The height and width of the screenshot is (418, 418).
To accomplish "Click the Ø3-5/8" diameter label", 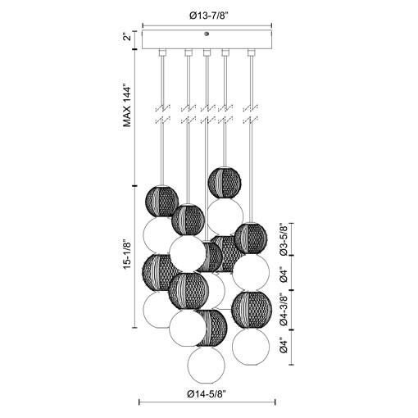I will [283, 240].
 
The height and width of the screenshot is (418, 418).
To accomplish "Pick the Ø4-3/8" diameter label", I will [283, 307].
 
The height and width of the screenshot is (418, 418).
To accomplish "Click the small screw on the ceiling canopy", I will [207, 34].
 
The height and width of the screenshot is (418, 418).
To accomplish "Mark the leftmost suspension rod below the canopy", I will [161, 123].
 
